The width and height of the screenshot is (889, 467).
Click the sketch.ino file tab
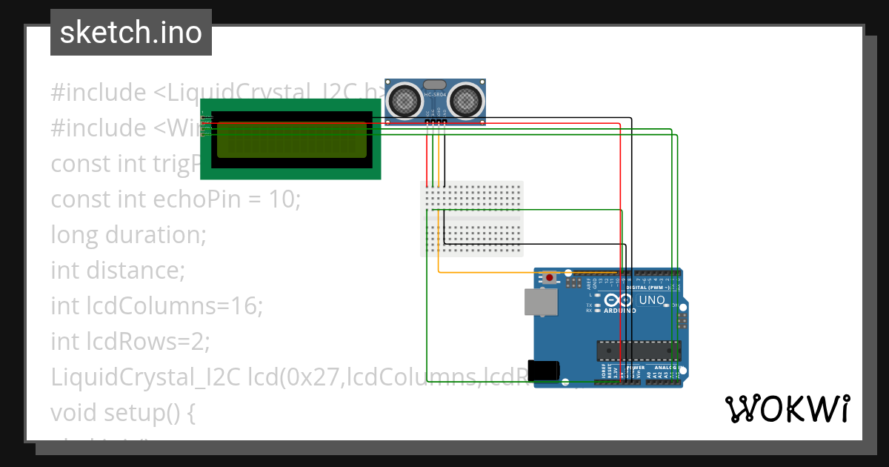coord(130,33)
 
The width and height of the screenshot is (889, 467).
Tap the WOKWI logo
coord(787,408)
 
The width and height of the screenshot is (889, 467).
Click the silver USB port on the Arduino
coord(542,302)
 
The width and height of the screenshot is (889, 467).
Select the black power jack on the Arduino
coord(542,371)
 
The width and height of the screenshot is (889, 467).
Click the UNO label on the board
coord(652,300)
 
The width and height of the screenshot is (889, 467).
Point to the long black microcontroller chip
coord(639,350)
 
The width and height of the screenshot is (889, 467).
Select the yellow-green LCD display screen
coord(290,139)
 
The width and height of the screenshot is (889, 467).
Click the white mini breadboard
coord(472,219)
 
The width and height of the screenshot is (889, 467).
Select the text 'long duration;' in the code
coord(128,235)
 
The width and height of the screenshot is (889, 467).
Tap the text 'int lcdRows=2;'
coord(130,342)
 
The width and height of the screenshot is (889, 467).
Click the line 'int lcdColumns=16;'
coord(156,306)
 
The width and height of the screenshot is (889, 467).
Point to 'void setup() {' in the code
coord(123,413)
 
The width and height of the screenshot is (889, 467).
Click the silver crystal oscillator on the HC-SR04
coord(436,85)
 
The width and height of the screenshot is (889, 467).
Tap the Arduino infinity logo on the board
coord(619,300)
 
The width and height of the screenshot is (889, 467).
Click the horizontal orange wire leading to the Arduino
coord(489,272)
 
